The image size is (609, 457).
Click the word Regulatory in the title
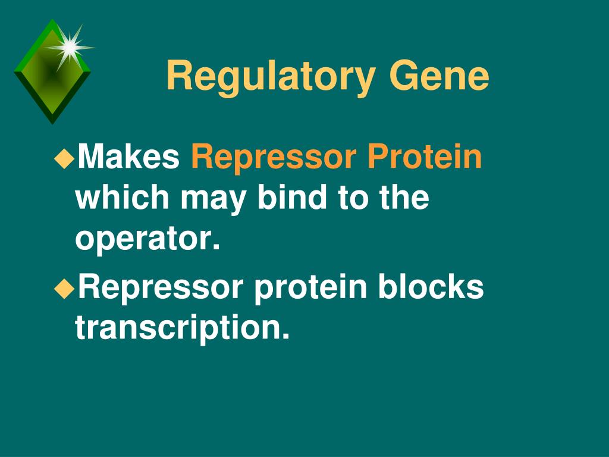click(x=271, y=77)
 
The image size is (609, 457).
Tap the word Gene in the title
click(x=439, y=76)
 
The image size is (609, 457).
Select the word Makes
click(x=128, y=156)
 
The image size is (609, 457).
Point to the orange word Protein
click(x=425, y=156)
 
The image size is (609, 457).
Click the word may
click(x=213, y=200)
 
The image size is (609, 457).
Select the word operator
click(x=147, y=240)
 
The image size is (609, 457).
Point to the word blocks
click(x=431, y=286)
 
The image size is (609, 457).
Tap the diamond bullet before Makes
click(x=64, y=158)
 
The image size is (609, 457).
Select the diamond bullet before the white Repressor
click(x=64, y=289)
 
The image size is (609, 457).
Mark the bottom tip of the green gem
click(x=52, y=124)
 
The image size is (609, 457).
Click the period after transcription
click(x=286, y=336)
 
